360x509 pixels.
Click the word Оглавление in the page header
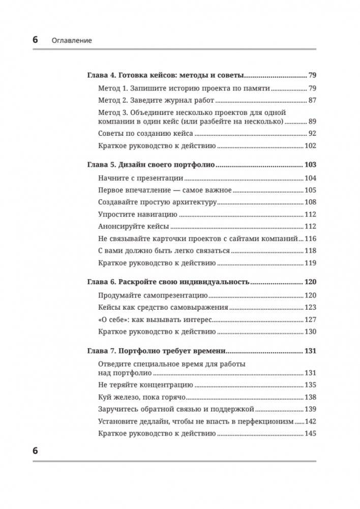[72, 40]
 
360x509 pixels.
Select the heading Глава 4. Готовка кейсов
[165, 75]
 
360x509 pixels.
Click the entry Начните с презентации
[140, 178]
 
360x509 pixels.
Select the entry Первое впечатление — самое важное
[164, 190]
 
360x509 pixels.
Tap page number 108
[310, 202]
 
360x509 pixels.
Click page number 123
[310, 307]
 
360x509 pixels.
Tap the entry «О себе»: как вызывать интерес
[154, 319]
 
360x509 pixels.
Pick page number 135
[310, 385]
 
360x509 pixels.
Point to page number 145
[310, 434]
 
